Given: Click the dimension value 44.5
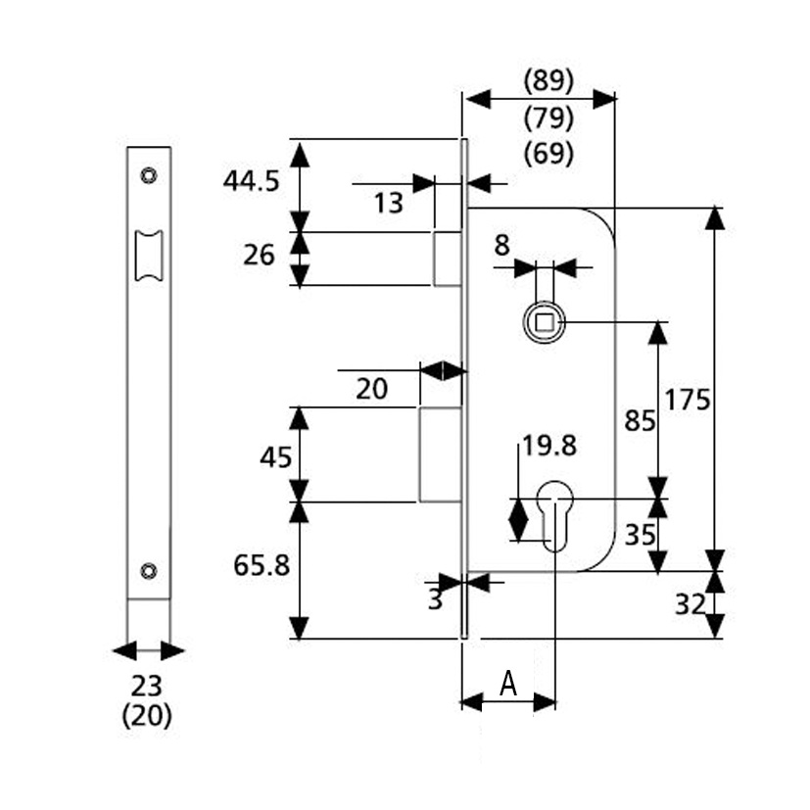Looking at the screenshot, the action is point(251,181).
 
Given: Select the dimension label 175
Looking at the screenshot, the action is point(687,400).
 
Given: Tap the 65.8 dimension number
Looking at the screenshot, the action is point(262,566).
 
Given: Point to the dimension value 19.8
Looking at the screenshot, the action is point(549,446).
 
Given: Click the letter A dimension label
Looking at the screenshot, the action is point(508,684).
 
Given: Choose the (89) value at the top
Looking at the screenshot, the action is point(548,82).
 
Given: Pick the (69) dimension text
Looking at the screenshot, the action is point(548,154).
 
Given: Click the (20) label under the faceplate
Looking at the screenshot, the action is point(146,716).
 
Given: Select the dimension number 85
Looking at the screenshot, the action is point(640,420).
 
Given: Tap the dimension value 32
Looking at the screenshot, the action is point(691,604).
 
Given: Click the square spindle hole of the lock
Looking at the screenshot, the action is point(545,323).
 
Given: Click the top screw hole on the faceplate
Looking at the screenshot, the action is point(149,175).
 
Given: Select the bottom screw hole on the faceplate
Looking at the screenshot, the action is point(149,571).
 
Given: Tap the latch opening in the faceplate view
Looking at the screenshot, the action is point(149,256).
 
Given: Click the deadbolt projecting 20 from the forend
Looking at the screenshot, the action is point(440,454).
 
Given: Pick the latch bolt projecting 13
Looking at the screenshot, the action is point(448,259).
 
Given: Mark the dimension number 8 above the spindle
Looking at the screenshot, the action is point(501,246).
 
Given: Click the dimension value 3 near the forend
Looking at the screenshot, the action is point(436,600).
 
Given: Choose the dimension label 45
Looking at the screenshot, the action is point(276,457).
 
